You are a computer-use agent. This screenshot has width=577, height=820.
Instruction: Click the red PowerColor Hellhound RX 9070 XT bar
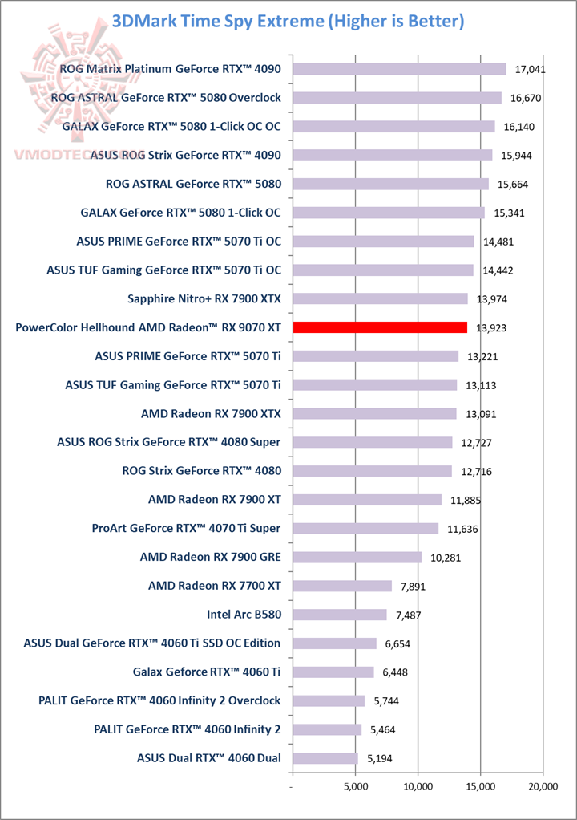click(x=380, y=327)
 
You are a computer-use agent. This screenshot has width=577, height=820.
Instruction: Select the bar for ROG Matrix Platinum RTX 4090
click(x=399, y=69)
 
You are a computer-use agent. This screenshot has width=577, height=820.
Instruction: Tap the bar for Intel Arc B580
click(x=340, y=615)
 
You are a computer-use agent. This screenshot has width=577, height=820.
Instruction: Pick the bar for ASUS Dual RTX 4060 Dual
click(x=325, y=758)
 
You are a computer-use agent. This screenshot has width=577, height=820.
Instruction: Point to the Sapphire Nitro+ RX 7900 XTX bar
click(x=380, y=298)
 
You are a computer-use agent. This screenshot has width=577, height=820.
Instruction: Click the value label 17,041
click(x=531, y=70)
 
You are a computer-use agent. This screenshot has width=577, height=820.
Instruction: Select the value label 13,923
click(x=492, y=328)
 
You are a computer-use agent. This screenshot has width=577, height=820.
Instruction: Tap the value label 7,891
click(x=410, y=587)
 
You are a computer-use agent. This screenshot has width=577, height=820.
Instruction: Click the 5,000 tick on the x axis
click(x=356, y=787)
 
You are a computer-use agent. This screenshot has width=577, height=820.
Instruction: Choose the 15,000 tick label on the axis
click(x=480, y=787)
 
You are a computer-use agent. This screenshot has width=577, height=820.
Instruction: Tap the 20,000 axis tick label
click(x=543, y=787)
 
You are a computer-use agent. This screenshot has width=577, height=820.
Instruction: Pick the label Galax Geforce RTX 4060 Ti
click(x=207, y=672)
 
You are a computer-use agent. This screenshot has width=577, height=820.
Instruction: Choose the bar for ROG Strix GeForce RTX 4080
click(x=373, y=471)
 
